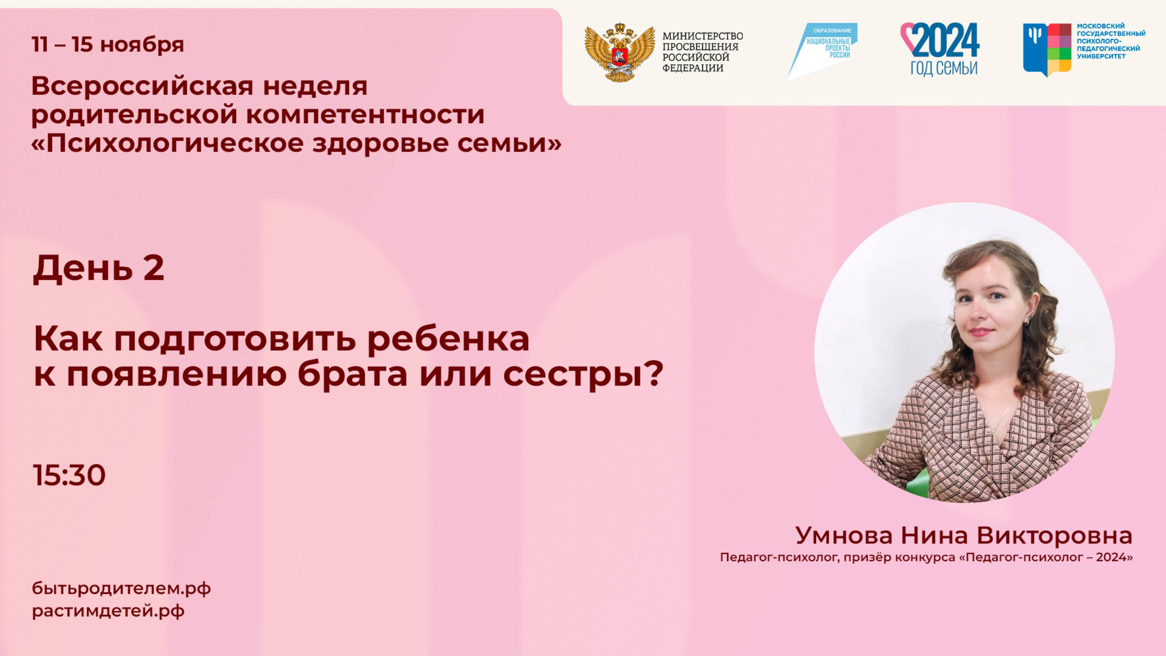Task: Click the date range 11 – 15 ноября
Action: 108,45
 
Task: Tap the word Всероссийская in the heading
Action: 142,86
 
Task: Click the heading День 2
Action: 98,268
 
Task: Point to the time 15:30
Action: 69,475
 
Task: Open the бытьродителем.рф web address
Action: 121,588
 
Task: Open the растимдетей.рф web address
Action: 108,611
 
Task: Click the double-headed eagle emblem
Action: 619,53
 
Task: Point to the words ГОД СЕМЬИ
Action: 944,68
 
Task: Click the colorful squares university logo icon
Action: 1047,49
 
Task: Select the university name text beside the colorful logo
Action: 1110,41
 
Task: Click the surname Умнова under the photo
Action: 844,536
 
